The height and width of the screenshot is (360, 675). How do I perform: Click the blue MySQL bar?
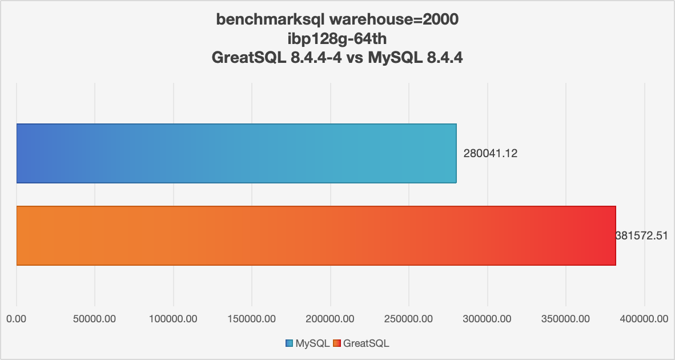pos(236,153)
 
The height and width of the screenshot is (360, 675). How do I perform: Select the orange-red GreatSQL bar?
pos(316,235)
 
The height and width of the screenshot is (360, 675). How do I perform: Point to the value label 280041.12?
pos(490,153)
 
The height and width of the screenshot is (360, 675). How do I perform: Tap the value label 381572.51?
pos(642,235)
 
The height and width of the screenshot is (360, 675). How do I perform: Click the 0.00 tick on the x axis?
pos(17,319)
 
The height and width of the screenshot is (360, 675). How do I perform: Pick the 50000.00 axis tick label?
pos(95,319)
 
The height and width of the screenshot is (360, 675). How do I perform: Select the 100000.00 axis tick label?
pos(173,319)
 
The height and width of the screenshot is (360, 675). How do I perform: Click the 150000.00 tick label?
pos(252,319)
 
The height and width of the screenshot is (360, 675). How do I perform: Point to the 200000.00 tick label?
pos(330,319)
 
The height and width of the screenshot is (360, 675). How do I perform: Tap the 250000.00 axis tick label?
pos(408,319)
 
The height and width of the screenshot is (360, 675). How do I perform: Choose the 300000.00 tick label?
pos(487,319)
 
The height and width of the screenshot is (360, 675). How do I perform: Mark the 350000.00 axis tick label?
pos(565,319)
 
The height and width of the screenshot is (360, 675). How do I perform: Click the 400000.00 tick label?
pos(644,319)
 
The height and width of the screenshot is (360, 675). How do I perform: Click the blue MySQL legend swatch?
pos(289,343)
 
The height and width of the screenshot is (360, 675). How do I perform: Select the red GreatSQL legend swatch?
pos(337,343)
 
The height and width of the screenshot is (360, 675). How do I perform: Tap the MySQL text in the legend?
pos(312,343)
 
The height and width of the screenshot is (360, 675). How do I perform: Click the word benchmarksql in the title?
pos(270,20)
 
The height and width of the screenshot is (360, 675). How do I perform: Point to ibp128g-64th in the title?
pos(337,39)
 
